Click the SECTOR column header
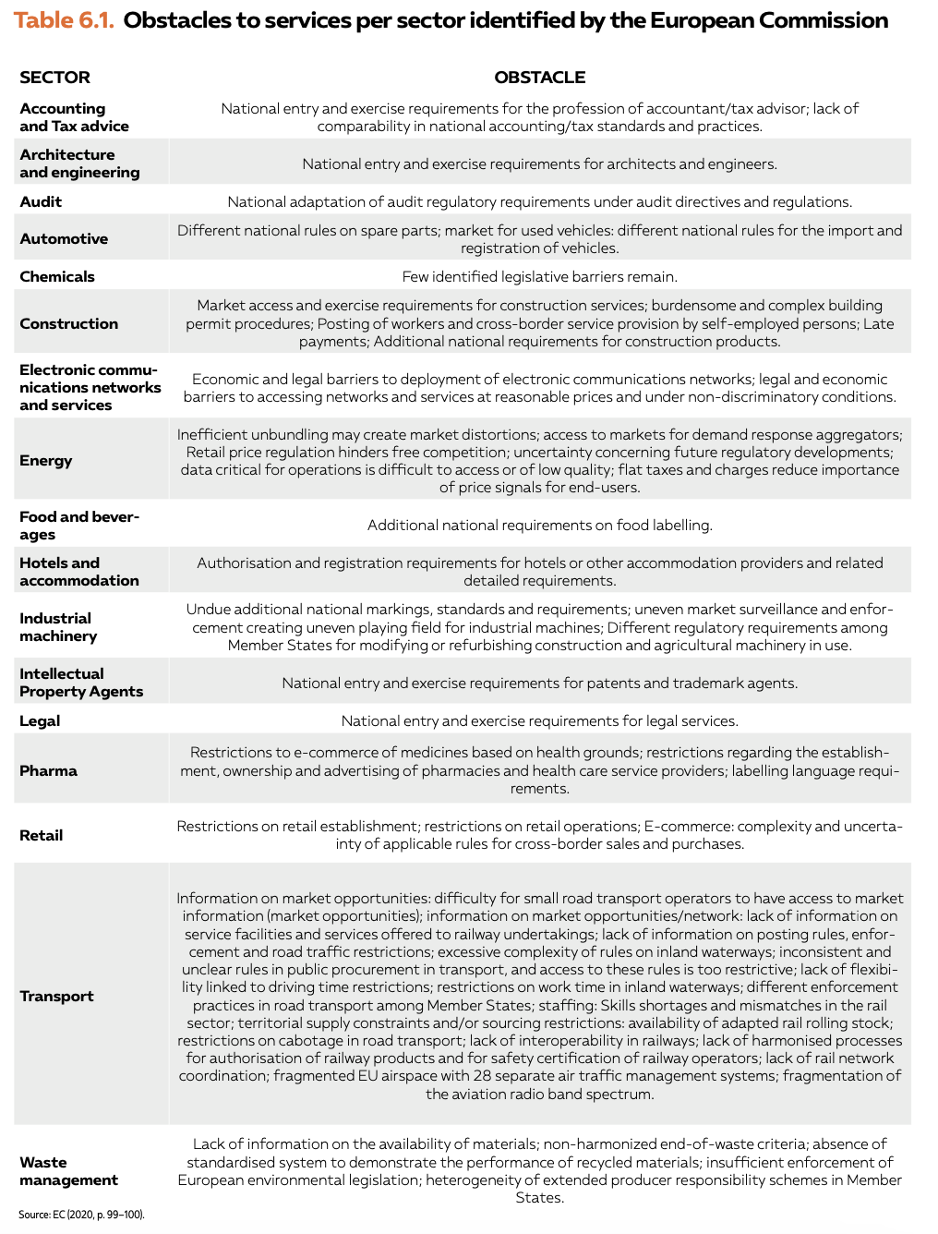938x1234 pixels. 55,78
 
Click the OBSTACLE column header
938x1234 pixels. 539,78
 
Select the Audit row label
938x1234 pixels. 41,201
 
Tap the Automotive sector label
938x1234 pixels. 64,238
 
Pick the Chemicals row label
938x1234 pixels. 57,276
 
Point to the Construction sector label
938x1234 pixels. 69,323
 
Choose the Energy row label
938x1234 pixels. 46,460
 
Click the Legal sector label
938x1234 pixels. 40,720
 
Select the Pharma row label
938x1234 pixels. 48,770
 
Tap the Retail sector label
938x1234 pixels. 42,835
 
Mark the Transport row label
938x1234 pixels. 56,996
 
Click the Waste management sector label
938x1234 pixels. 68,1171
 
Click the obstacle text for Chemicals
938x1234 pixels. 539,276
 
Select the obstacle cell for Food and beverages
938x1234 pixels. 539,525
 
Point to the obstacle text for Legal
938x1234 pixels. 539,720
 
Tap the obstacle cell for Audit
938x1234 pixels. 539,201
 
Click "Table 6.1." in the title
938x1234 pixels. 64,20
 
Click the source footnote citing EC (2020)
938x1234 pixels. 81,1215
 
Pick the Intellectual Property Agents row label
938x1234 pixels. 81,683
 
